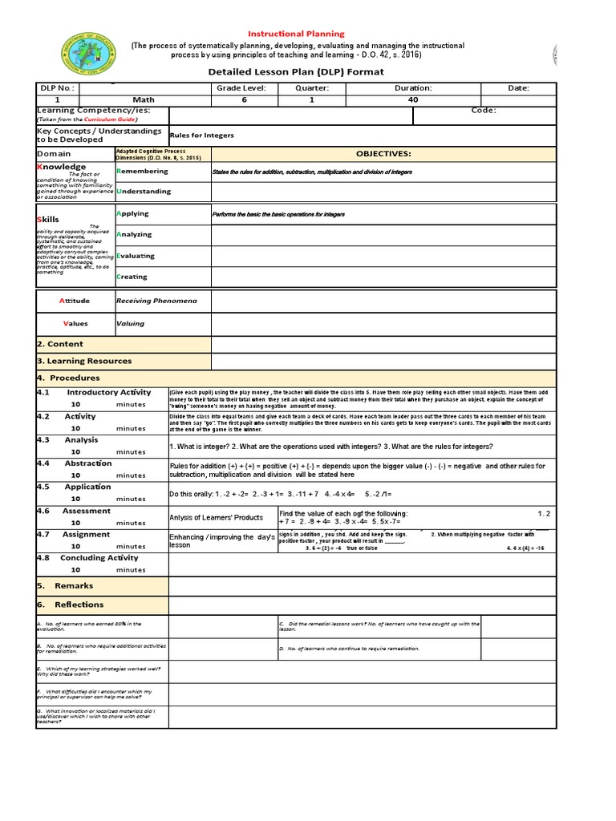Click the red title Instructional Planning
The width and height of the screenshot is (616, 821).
pyautogui.click(x=296, y=34)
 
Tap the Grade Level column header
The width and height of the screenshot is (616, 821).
pyautogui.click(x=241, y=88)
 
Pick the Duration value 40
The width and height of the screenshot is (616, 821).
pyautogui.click(x=413, y=99)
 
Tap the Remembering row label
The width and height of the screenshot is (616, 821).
pyautogui.click(x=143, y=171)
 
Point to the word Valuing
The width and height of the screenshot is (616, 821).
pyautogui.click(x=131, y=324)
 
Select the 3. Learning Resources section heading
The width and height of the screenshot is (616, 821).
pyautogui.click(x=84, y=361)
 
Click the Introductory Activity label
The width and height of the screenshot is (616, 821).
pyautogui.click(x=108, y=392)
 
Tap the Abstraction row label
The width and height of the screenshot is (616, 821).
pyautogui.click(x=88, y=463)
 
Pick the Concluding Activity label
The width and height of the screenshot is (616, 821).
pyautogui.click(x=99, y=558)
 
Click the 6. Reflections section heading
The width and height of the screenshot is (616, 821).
pyautogui.click(x=79, y=605)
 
